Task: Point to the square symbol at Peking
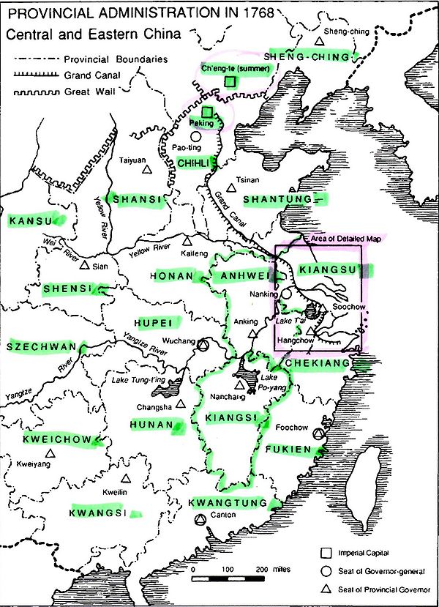tap(207, 112)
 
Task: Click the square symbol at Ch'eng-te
tap(230, 82)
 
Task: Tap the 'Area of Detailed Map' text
tap(340, 239)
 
